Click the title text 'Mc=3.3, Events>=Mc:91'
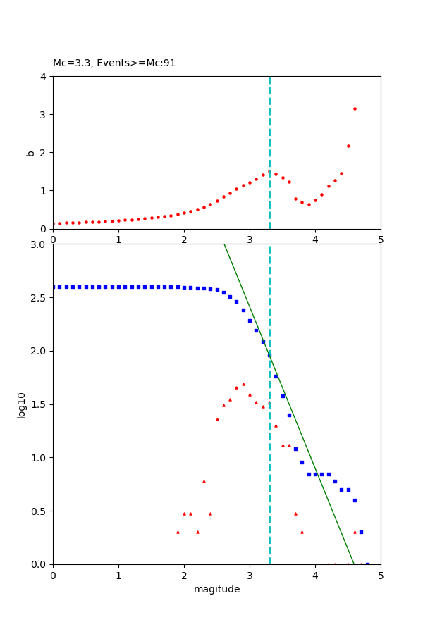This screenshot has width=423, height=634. pyautogui.click(x=114, y=63)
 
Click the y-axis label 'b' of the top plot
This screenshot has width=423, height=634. pyautogui.click(x=30, y=153)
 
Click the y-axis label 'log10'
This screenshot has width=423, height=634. pyautogui.click(x=22, y=405)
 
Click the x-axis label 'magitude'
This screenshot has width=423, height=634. pyautogui.click(x=216, y=590)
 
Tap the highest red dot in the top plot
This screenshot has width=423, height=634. pyautogui.click(x=355, y=108)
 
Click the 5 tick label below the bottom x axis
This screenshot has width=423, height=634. pyautogui.click(x=381, y=576)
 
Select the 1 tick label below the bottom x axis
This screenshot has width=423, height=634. pyautogui.click(x=118, y=576)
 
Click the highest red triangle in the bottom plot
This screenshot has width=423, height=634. pyautogui.click(x=243, y=384)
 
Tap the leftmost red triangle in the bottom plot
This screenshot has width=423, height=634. pyautogui.click(x=178, y=532)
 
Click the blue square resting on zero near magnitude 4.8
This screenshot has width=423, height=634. pyautogui.click(x=367, y=564)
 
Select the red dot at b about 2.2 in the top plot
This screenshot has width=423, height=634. pyautogui.click(x=348, y=146)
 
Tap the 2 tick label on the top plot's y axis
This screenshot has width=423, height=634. pyautogui.click(x=44, y=153)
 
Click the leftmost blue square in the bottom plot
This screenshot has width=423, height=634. pyautogui.click(x=54, y=287)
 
